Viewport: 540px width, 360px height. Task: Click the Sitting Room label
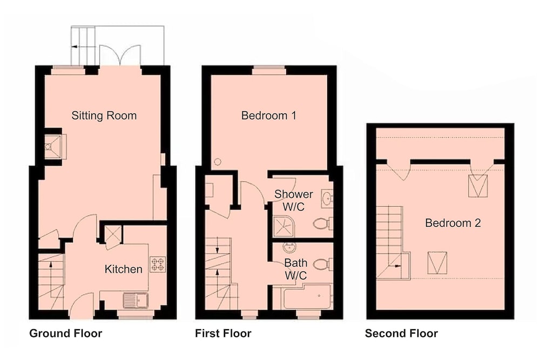(104, 116)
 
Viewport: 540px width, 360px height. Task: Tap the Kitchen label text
(123, 269)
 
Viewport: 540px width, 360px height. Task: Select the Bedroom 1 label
(268, 116)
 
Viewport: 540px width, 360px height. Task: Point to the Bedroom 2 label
(453, 223)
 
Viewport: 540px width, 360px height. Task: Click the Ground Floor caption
(66, 334)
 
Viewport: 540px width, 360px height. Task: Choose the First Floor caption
(223, 334)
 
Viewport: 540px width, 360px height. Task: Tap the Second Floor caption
(402, 334)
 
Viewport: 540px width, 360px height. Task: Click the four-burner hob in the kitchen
(158, 264)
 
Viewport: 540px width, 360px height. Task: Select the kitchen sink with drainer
(136, 301)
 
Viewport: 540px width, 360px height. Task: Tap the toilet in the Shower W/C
(323, 223)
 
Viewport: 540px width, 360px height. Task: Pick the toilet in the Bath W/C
(323, 264)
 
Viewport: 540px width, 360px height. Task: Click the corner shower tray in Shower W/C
(283, 227)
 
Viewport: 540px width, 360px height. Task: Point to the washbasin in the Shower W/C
(327, 198)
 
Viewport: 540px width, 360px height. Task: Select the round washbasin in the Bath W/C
(289, 247)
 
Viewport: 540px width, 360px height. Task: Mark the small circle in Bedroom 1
(218, 161)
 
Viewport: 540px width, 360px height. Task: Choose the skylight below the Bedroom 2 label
(437, 263)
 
